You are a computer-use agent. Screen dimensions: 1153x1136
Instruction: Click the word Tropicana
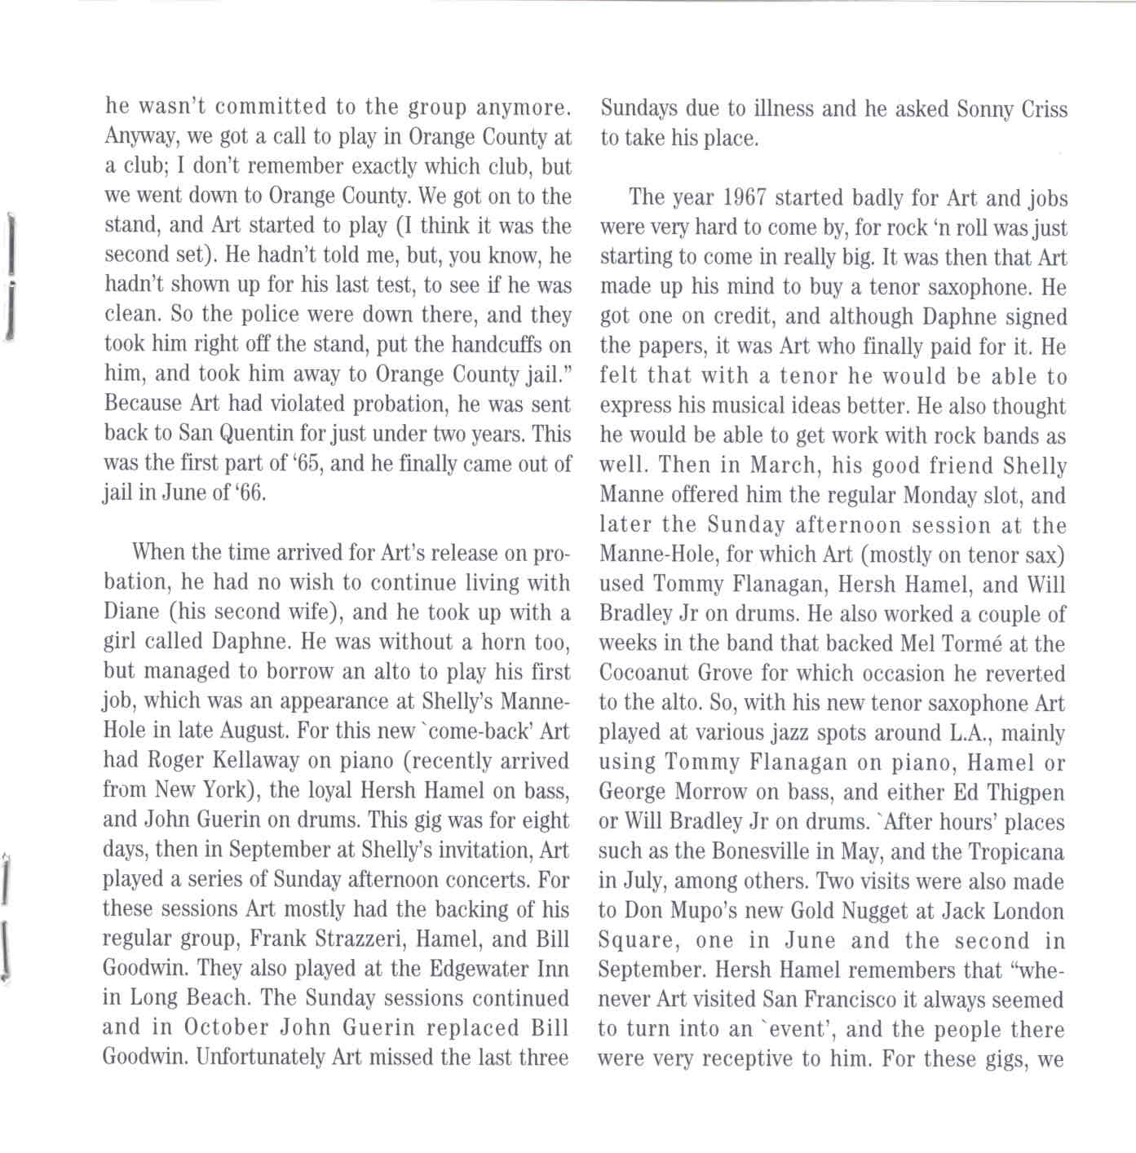(x=1016, y=851)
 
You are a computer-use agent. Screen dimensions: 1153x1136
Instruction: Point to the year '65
(x=302, y=464)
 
